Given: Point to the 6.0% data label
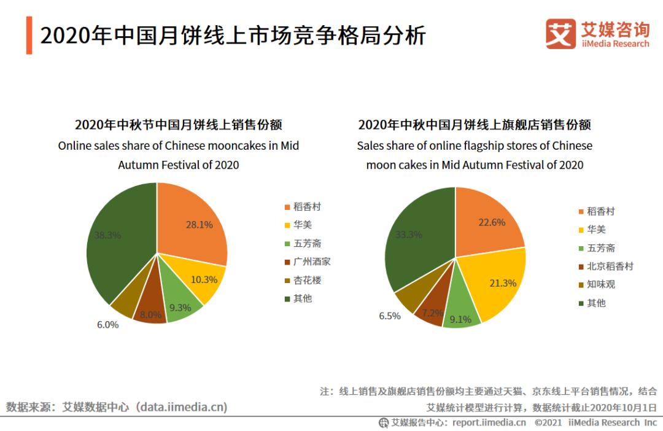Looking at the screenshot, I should (x=107, y=325).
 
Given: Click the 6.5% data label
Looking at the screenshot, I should (x=390, y=316).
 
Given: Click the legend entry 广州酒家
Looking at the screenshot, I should (x=312, y=262).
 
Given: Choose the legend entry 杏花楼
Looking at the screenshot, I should (x=307, y=280).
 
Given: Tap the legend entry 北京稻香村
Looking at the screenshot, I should (x=610, y=266).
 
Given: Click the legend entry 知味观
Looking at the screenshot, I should (x=600, y=284).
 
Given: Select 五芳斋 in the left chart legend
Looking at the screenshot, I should (x=307, y=243).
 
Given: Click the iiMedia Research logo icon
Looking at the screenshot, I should (x=560, y=34).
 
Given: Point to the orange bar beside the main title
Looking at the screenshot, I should (x=29, y=36).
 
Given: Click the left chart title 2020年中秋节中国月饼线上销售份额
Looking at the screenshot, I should (x=179, y=125).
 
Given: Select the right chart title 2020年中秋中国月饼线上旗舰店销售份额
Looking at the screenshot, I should (x=475, y=125).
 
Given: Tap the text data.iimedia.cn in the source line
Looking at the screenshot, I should (x=182, y=406).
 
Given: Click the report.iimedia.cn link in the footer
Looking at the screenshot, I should (x=489, y=422).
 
